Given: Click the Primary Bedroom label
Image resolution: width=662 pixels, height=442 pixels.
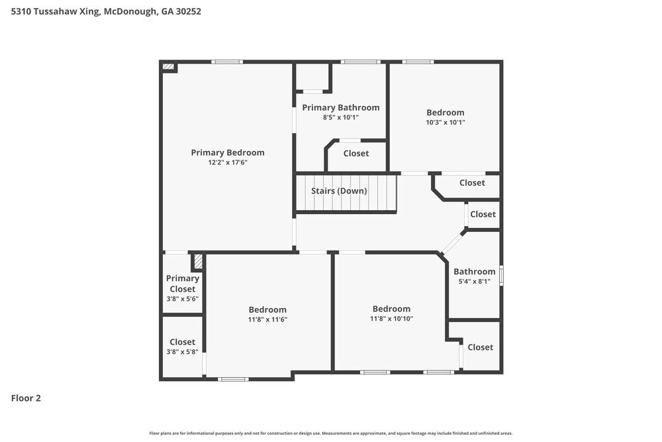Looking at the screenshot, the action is tap(228, 152).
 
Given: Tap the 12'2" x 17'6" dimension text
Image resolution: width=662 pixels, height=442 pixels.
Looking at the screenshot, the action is tap(228, 162).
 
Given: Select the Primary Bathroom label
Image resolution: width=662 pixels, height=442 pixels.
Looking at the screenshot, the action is tap(341, 108).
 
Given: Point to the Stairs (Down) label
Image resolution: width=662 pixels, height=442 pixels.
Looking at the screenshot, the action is tap(339, 191).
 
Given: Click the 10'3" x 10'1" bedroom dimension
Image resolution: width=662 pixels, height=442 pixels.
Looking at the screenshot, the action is tap(446, 123).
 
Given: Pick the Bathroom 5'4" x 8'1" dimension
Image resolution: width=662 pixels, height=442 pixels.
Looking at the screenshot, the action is tap(475, 282).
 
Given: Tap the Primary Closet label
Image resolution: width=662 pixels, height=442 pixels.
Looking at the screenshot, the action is tap(183, 284).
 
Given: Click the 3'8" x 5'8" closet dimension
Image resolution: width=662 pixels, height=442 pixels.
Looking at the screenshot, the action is tap(183, 352).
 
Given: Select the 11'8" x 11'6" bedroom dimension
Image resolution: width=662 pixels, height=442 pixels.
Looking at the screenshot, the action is tap(267, 320).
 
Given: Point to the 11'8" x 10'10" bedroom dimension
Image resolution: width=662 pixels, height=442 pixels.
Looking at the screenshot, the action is tap(391, 319).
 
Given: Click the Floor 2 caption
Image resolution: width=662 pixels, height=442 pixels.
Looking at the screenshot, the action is tap(26, 398).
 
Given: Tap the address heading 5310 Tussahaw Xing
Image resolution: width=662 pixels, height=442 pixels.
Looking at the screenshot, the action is tap(56, 11).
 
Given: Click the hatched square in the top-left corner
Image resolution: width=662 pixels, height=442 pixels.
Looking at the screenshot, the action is tap(168, 67).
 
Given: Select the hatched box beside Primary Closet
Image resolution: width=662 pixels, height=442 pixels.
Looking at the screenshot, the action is tap(198, 262).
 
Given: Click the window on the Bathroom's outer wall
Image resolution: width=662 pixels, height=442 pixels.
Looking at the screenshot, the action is tap(501, 275).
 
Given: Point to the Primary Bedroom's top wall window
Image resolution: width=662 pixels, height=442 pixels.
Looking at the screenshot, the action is tap(227, 62).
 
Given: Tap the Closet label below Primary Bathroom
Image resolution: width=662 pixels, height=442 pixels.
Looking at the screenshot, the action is tap(356, 153).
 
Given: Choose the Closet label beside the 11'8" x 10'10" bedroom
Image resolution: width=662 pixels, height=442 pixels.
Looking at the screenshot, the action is tap(481, 347).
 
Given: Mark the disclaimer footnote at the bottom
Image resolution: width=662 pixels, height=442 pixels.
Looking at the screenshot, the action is tap(330, 433).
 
